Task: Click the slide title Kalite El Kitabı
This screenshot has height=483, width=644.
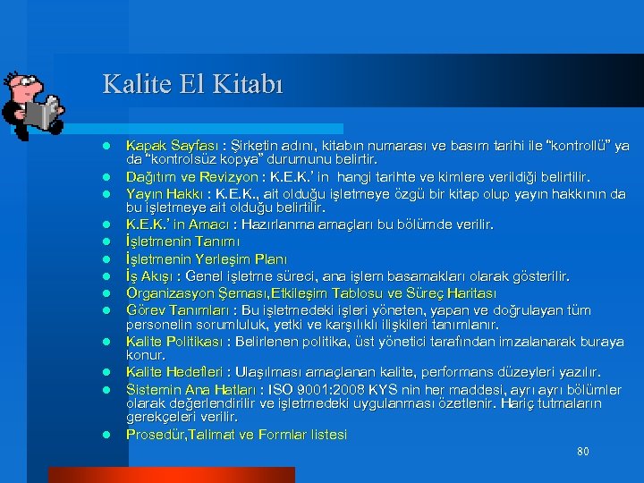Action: coord(192,84)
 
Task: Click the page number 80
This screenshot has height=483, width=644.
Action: coord(582,452)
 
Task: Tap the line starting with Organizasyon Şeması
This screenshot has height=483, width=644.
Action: coord(311,293)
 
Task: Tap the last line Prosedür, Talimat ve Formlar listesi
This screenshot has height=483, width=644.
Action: coord(236,435)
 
